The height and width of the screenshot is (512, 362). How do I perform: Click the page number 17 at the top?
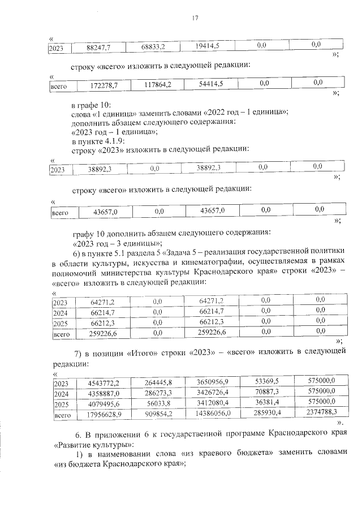pos(195,19)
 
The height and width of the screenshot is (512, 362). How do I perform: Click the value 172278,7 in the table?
pos(104,86)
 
